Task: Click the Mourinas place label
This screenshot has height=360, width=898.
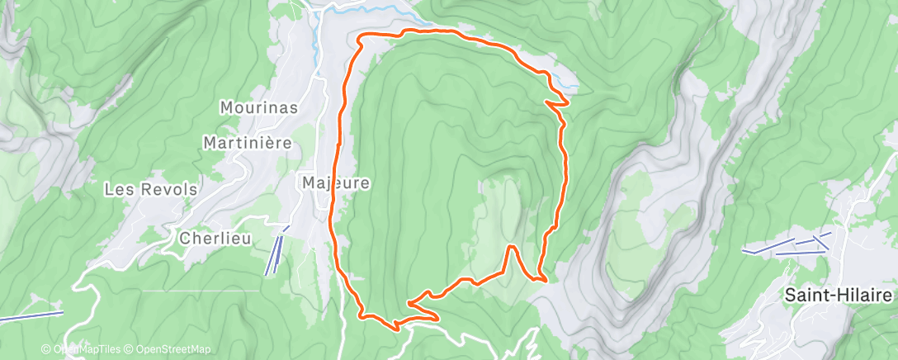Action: (x=258, y=107)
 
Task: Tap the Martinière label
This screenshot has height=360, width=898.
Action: (x=248, y=143)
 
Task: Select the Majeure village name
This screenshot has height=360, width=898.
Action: (x=334, y=182)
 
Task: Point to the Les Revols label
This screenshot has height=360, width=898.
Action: (x=150, y=189)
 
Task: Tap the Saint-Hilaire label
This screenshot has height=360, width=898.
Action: (x=840, y=295)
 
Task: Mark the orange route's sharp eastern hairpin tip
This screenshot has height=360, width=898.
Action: (x=567, y=102)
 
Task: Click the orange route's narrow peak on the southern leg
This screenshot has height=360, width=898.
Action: (x=512, y=247)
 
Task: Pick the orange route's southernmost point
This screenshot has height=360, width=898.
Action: (x=398, y=327)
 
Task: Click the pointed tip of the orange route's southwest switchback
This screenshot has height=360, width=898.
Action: (x=412, y=302)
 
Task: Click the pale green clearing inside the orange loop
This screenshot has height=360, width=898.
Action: (x=503, y=206)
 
